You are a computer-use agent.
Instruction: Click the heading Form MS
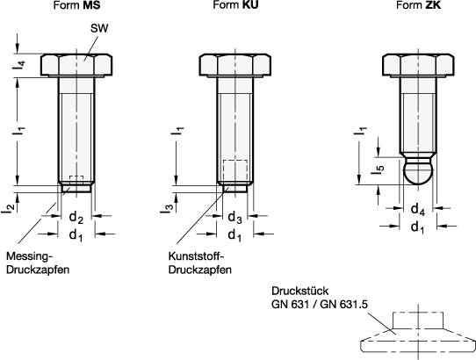pyautogui.click(x=76, y=5)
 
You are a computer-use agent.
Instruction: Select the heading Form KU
pyautogui.click(x=235, y=5)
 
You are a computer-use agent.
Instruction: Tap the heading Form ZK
pyautogui.click(x=419, y=5)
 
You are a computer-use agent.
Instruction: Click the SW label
pyautogui.click(x=99, y=28)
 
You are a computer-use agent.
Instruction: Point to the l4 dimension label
pyautogui.click(x=18, y=65)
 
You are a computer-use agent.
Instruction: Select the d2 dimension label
pyautogui.click(x=76, y=218)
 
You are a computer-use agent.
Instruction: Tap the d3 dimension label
pyautogui.click(x=235, y=218)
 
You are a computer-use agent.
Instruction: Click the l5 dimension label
pyautogui.click(x=378, y=170)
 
